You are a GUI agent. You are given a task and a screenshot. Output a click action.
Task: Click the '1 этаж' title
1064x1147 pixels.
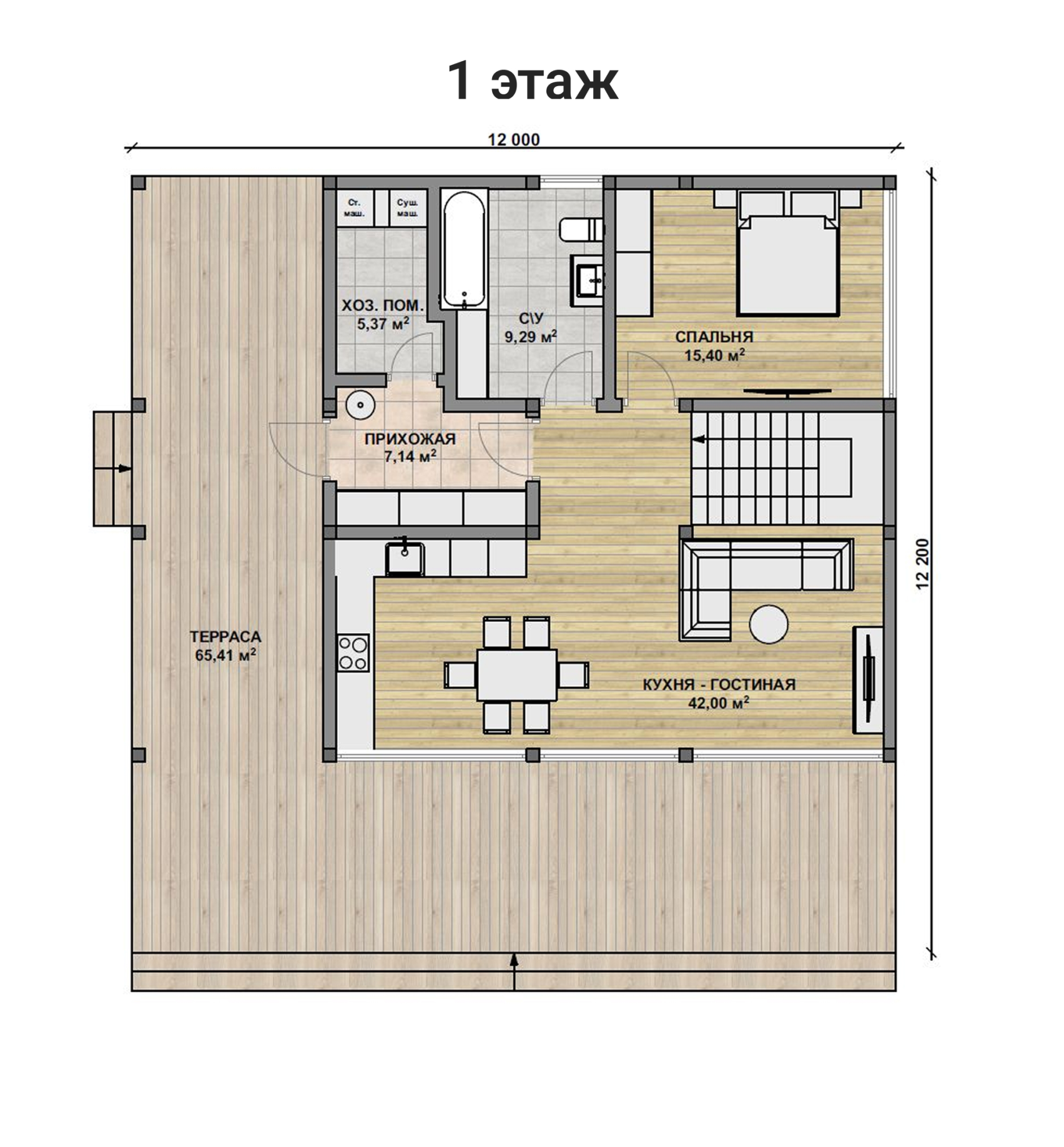pos(533,81)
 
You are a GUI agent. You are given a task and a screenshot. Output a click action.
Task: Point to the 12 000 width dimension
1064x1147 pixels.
pos(513,140)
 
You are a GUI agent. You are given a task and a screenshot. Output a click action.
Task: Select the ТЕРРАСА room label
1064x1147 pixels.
pos(225,637)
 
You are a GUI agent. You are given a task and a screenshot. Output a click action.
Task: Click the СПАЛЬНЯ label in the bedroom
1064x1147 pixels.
pos(714,337)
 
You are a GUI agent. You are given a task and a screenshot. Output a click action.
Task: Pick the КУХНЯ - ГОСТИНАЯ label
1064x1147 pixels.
pos(719,684)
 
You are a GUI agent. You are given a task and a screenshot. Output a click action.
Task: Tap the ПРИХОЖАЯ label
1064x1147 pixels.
pos(410,439)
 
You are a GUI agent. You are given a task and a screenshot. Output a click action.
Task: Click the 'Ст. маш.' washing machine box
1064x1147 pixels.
pos(355,208)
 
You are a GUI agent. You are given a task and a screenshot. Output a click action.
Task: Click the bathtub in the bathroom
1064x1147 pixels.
pos(464,250)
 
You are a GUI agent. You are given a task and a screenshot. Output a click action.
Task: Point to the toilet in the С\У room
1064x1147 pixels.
pos(581,229)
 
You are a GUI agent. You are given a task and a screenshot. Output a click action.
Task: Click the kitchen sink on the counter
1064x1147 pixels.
pos(405,558)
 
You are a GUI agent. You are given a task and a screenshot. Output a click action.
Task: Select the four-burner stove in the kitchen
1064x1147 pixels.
pos(353,652)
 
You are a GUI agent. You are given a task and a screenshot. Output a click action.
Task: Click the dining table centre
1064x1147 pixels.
pos(517,675)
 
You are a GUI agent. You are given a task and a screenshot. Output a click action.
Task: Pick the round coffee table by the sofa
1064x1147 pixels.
pos(769,624)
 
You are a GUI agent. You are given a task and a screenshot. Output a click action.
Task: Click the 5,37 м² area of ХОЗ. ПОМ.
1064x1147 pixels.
pos(383,324)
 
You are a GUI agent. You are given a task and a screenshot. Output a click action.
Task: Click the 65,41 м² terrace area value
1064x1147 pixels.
pos(225,656)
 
